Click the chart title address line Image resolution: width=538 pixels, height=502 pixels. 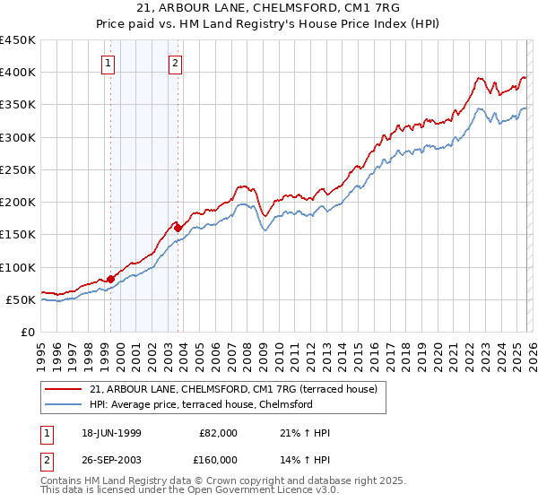tap(268, 7)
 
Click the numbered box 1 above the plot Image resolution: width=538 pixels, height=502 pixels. tap(108, 63)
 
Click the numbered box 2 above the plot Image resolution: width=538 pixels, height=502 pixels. tap(175, 63)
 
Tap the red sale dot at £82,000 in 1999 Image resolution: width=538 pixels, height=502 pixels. tap(111, 279)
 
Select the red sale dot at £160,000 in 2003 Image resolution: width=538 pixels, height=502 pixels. tap(178, 228)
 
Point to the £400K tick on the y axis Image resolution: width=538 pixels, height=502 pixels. tap(18, 73)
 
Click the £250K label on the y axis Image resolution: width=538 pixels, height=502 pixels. tap(18, 169)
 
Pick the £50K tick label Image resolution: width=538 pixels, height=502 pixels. tap(22, 299)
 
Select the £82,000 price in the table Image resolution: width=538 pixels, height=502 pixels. tap(218, 432)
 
